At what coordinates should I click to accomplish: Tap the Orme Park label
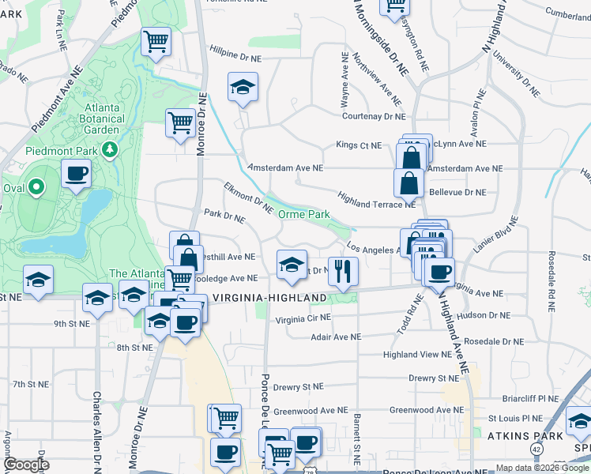(x=303, y=214)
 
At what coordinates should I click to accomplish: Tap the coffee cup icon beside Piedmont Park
(x=76, y=175)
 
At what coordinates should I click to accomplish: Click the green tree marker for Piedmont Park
(x=112, y=149)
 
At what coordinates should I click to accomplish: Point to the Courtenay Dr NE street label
(x=373, y=116)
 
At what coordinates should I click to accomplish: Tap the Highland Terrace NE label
(x=376, y=199)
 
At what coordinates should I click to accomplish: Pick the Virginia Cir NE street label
(x=303, y=319)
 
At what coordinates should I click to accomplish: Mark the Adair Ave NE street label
(x=335, y=337)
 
